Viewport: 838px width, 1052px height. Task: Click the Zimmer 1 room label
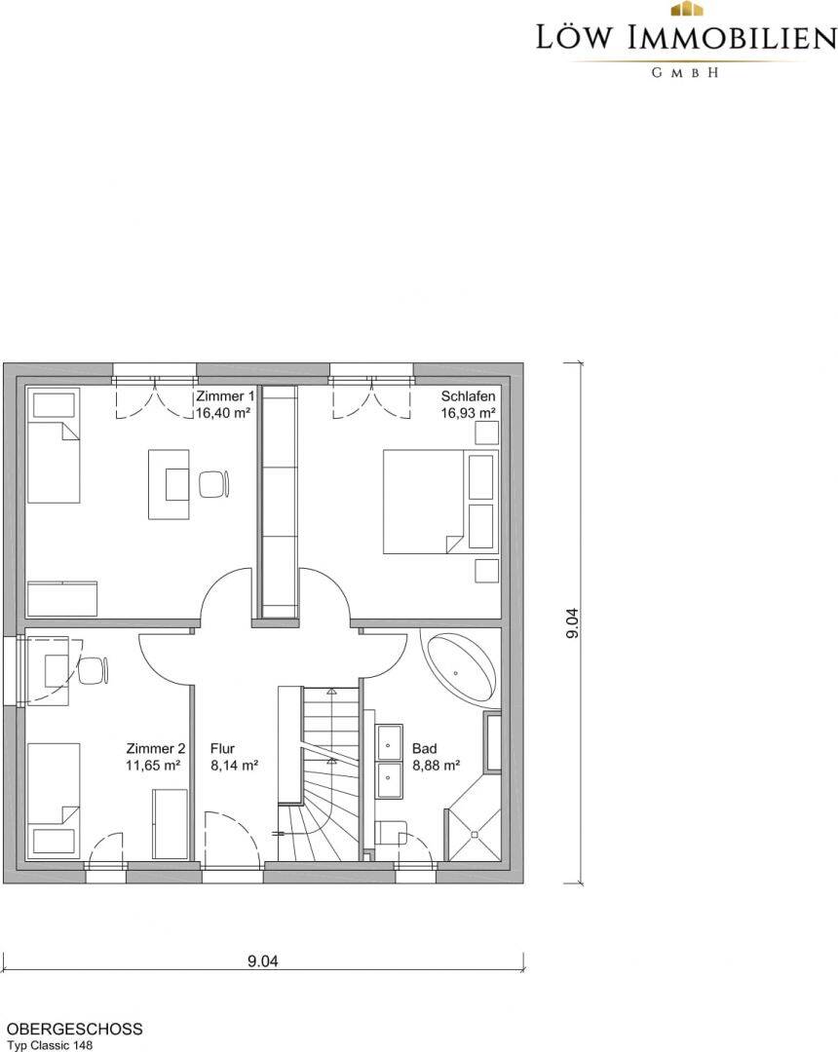[x=225, y=396]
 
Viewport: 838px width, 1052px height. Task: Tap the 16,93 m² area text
[x=468, y=413]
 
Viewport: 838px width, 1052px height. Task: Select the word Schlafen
[x=468, y=396]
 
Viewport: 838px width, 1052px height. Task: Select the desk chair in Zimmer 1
[x=214, y=484]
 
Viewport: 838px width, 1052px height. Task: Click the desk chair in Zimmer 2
[x=94, y=671]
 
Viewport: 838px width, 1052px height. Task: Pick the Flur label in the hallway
[x=222, y=749]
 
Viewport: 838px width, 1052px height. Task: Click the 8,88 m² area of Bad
[x=437, y=765]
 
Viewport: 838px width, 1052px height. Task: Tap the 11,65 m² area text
[x=153, y=765]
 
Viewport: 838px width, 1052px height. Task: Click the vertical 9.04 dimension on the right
[x=572, y=622]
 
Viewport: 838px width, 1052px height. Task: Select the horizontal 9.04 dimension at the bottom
[x=262, y=961]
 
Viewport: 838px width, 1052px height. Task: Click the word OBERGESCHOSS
[x=74, y=1030]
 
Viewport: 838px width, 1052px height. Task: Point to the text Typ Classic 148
[x=51, y=1045]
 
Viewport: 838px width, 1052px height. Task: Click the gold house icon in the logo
[x=686, y=9]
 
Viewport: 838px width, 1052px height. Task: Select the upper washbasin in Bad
[x=390, y=741]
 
